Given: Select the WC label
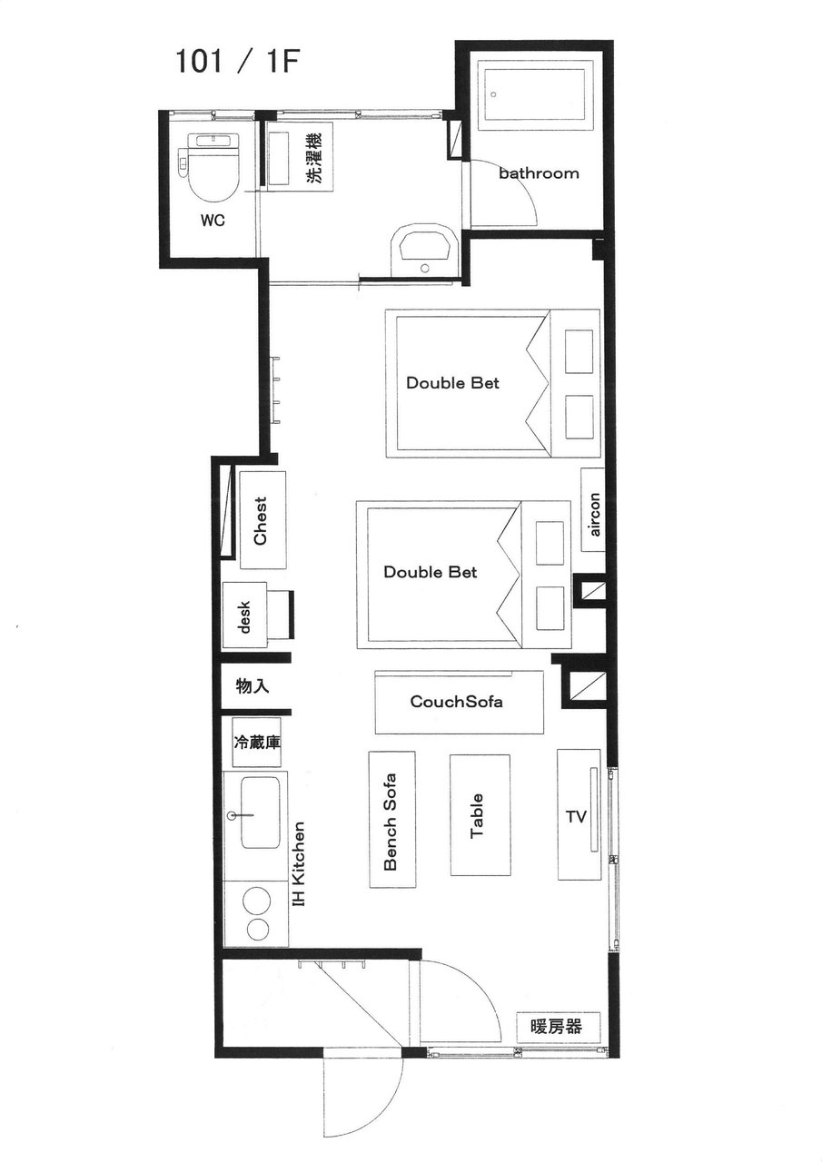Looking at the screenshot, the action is click(x=213, y=221).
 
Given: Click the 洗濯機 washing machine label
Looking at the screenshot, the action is click(x=313, y=158).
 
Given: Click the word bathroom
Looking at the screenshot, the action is click(x=539, y=173).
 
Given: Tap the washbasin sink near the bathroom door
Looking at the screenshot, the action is click(x=424, y=251).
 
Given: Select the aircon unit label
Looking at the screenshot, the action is click(x=594, y=514).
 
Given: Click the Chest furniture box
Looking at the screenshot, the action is click(x=262, y=520).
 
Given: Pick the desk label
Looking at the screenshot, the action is click(x=245, y=616).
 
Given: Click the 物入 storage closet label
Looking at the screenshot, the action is click(x=253, y=686).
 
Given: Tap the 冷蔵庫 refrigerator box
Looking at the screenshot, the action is click(x=257, y=743).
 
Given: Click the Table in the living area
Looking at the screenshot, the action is click(x=480, y=815).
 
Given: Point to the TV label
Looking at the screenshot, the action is click(x=576, y=817).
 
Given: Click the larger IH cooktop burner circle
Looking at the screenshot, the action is click(x=257, y=898).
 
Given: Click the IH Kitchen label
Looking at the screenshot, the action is click(x=299, y=863).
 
